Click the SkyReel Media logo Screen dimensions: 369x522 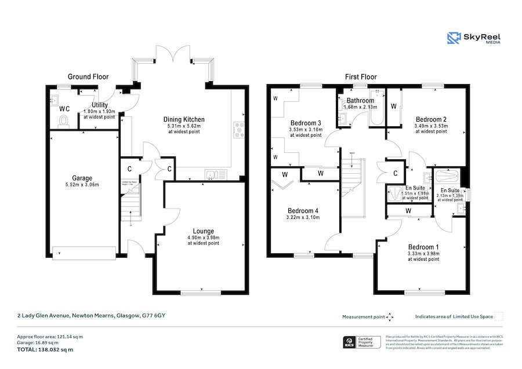473,38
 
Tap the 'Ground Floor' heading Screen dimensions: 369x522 88,76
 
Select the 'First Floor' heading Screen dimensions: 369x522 361,76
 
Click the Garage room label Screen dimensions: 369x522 82,178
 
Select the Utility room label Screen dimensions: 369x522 100,105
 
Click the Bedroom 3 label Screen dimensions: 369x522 306,123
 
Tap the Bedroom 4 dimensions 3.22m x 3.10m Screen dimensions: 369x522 304,218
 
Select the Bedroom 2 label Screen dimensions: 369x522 431,119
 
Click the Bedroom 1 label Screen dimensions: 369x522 423,247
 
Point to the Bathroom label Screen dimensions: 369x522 360,101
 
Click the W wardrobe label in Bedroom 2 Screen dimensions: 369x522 394,107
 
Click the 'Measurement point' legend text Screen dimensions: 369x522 363,317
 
